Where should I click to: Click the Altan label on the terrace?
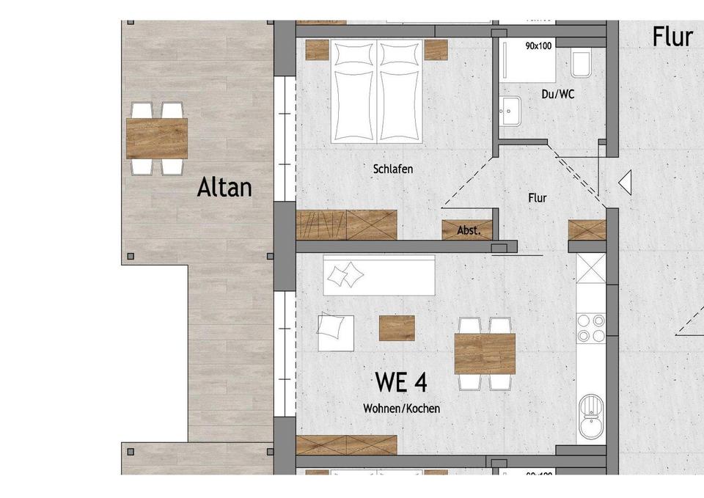pos(224,188)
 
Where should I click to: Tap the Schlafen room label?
pos(393,169)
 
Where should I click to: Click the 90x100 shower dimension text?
pos(539,46)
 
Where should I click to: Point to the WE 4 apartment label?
pos(401,382)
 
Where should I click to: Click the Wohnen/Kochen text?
pos(402,409)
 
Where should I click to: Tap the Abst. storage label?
pos(469,230)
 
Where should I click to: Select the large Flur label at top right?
pos(672,37)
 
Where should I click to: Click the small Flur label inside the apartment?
pos(537,198)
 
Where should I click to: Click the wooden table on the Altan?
pos(157,138)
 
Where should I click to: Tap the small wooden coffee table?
pos(397,328)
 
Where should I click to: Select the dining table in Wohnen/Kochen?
pos(484,354)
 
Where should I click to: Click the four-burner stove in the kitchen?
pos(590,328)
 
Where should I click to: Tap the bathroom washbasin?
pos(510,111)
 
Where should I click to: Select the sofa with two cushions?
pos(379,275)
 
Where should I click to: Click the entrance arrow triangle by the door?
pos(625,182)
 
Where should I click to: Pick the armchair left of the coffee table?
pos(335,333)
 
